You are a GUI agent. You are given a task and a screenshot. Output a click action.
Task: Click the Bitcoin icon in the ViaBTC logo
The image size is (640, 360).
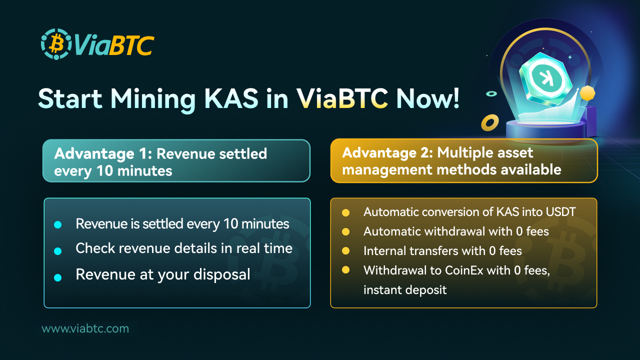tap(56, 44)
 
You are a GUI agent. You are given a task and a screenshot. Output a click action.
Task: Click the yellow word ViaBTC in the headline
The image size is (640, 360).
tap(344, 98)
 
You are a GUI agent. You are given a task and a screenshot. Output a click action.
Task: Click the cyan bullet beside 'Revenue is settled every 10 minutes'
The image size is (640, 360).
tap(57, 225)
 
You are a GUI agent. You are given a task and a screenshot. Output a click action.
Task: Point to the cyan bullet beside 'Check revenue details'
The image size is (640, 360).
tap(57, 250)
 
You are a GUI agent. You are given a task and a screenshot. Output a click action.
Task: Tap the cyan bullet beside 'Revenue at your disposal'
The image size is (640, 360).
tap(57, 277)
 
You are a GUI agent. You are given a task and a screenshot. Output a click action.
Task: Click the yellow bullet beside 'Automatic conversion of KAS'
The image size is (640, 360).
tap(345, 213)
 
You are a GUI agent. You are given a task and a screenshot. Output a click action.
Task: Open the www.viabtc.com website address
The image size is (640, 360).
tap(85, 328)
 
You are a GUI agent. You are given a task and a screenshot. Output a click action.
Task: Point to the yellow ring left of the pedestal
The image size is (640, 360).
tap(489, 121)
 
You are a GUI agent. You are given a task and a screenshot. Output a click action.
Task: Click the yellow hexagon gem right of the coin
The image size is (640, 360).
tap(586, 93)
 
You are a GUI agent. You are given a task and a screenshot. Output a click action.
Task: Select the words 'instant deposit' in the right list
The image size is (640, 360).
tap(405, 290)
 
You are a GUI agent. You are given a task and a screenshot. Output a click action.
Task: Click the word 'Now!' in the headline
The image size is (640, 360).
tap(427, 98)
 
